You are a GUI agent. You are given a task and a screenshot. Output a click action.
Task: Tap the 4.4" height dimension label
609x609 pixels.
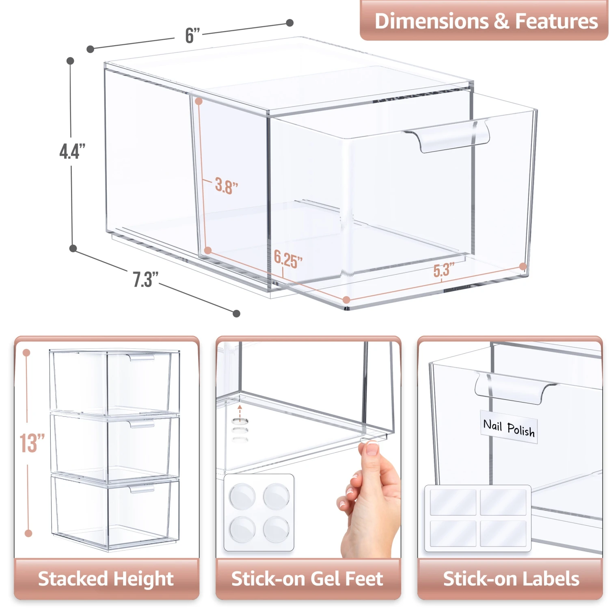(x=72, y=151)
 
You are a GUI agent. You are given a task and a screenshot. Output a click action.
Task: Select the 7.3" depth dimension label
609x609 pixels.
(x=145, y=279)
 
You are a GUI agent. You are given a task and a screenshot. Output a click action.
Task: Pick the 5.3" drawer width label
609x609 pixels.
(x=443, y=270)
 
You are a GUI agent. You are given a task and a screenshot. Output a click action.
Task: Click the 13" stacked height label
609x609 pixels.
(x=32, y=443)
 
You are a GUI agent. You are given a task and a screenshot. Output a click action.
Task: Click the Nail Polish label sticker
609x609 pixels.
(x=509, y=427)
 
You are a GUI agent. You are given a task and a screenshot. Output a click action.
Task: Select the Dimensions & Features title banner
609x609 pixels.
(x=486, y=21)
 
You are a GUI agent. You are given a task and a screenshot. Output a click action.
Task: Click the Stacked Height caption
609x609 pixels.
(x=106, y=579)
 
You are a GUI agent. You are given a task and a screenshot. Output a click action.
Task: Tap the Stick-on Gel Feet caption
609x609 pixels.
(x=307, y=579)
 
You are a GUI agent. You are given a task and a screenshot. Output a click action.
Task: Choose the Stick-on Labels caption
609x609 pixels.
(x=511, y=579)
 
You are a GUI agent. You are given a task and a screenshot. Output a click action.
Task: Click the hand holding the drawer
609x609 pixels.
(x=369, y=503)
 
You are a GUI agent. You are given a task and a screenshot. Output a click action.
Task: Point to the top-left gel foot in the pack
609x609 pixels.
(x=242, y=496)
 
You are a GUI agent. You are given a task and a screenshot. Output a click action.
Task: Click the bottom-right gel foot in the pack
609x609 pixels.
(x=276, y=529)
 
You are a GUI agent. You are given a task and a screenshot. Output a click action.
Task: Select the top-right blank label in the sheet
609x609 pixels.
(x=503, y=502)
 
